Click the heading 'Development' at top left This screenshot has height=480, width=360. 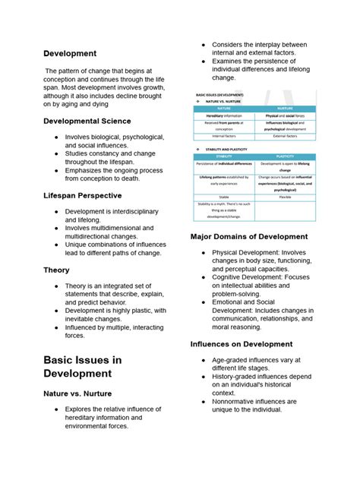click(x=70, y=53)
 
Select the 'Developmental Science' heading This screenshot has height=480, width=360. click(x=87, y=121)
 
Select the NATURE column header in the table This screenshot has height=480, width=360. click(x=224, y=109)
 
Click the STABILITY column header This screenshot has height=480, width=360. click(x=224, y=156)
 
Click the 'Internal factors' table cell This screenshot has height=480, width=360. click(x=224, y=136)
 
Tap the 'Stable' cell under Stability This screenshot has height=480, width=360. click(x=224, y=196)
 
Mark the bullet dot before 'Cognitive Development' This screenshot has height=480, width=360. click(x=204, y=278)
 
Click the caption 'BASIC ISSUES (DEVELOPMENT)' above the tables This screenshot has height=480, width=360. click(x=220, y=95)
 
